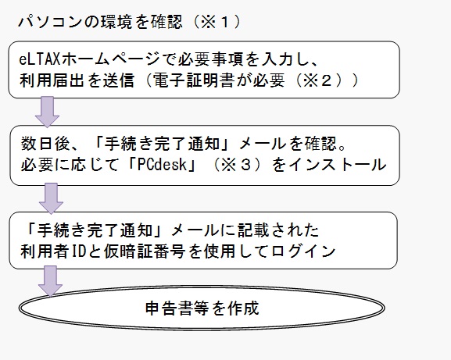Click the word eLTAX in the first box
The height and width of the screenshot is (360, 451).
(40, 59)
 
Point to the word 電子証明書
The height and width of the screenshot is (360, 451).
(192, 80)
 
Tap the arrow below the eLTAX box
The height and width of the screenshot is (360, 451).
(47, 112)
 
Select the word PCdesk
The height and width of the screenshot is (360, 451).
(162, 165)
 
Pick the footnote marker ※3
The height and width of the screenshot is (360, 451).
(236, 165)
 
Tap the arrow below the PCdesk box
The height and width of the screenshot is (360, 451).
(51, 198)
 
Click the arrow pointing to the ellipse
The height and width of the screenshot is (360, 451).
(50, 281)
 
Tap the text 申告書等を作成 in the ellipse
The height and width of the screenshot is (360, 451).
(202, 308)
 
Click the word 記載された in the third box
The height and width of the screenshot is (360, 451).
(278, 230)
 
